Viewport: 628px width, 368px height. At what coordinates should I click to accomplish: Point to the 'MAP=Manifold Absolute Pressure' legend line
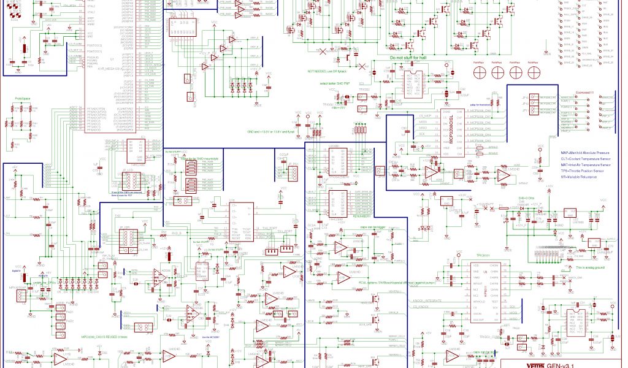(x=585, y=152)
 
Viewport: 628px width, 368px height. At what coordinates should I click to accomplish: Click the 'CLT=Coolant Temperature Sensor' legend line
(x=585, y=159)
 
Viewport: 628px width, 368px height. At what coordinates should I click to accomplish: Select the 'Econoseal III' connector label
(x=584, y=92)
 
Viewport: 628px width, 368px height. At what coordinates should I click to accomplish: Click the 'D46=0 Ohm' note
(x=528, y=199)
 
